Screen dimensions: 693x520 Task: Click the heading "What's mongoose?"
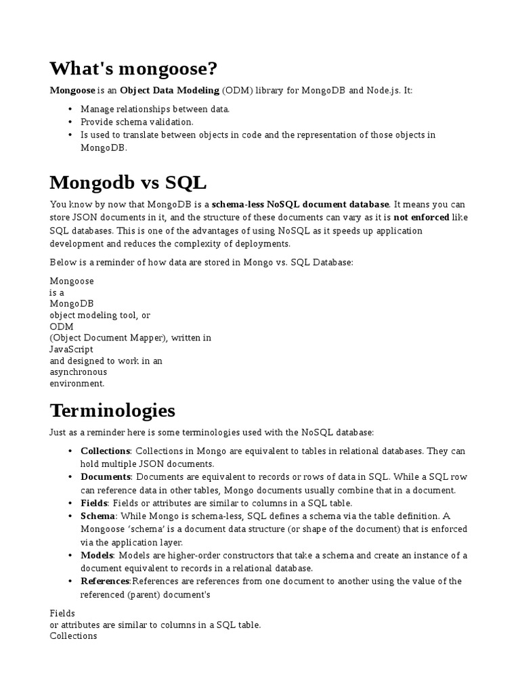[133, 68]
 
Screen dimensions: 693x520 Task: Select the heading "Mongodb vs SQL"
[128, 183]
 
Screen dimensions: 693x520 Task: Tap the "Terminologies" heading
[112, 410]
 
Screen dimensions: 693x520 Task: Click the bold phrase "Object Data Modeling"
[170, 90]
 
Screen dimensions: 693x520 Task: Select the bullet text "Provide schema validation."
[137, 122]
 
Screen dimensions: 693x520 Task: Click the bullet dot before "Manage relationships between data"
[71, 109]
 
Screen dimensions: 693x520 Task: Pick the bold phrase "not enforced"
[421, 217]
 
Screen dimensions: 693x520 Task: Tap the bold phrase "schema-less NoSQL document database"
[301, 204]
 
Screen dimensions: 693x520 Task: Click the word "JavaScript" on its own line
[72, 350]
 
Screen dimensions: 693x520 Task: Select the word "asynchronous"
[79, 372]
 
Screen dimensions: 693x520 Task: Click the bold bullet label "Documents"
[105, 476]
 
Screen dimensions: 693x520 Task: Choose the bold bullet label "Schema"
[98, 516]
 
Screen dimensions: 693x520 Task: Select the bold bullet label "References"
[105, 581]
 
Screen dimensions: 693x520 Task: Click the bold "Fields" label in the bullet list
[94, 503]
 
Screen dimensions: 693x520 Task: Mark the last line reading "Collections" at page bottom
[73, 636]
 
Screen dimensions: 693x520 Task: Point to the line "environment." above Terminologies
[77, 383]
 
